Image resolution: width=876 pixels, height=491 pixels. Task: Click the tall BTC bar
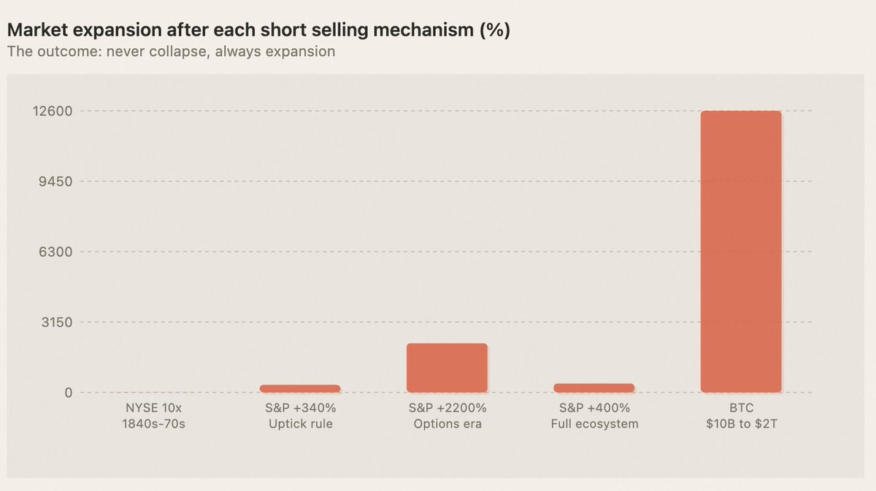tap(741, 252)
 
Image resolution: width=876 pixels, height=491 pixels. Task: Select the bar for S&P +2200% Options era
tap(447, 368)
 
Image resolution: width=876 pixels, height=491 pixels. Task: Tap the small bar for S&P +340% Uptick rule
tap(300, 389)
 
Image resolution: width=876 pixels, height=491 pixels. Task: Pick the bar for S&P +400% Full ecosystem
tap(593, 388)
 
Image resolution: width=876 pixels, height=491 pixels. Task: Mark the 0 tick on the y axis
tap(69, 393)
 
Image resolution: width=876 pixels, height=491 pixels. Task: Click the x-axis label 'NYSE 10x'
tap(153, 409)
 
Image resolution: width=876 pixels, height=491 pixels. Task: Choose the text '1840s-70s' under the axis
tap(153, 424)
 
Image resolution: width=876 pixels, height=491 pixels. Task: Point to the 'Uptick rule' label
tap(300, 424)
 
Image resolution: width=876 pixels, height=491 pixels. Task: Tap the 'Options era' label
tap(447, 424)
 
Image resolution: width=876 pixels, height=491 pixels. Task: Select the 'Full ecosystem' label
tap(593, 424)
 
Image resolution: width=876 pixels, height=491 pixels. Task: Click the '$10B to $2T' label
tap(741, 424)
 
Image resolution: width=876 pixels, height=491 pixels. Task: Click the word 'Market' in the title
tap(32, 32)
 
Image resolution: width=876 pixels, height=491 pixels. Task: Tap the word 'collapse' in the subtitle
tap(172, 53)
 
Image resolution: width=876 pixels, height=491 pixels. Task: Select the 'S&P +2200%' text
tap(447, 409)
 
